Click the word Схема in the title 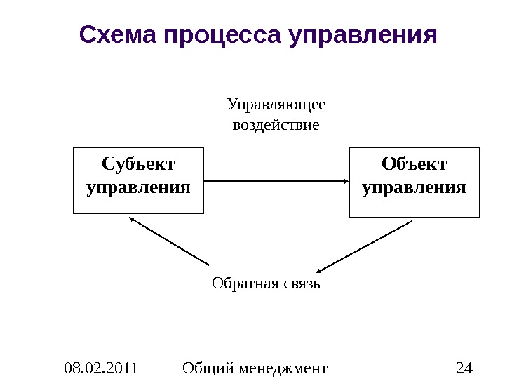coord(118,34)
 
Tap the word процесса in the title coord(222,34)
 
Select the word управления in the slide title coord(363,34)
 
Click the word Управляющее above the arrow coord(276,105)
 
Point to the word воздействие coord(275,126)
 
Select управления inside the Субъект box coord(138,188)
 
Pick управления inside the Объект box coord(414,188)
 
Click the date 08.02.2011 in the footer coord(100,367)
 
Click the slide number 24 coord(464,367)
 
